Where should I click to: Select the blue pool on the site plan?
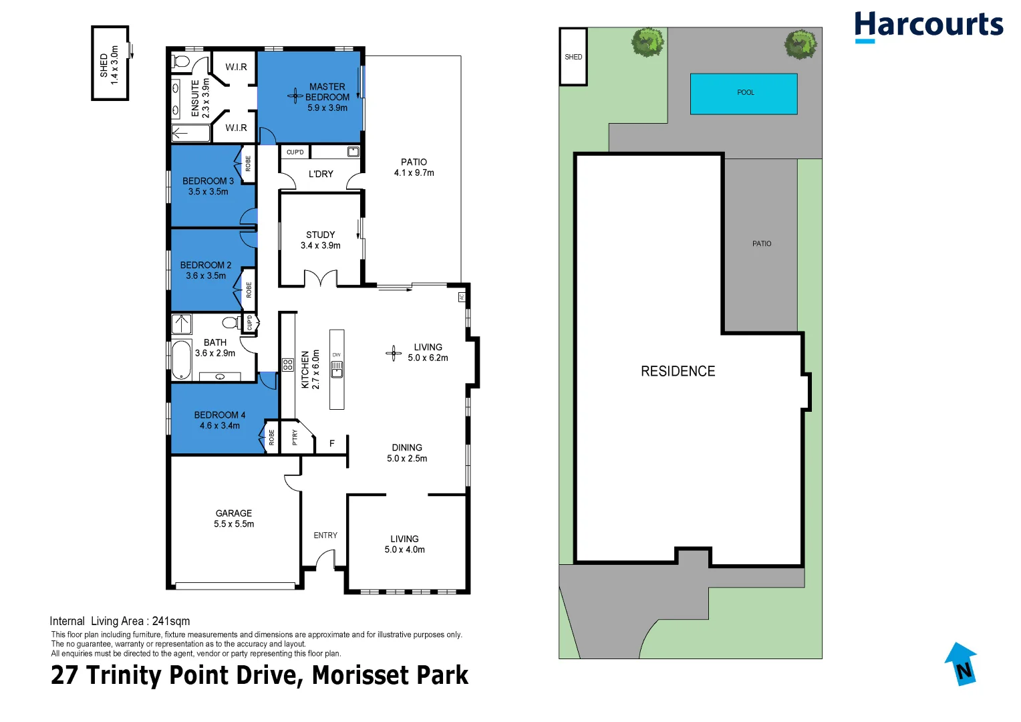click(x=743, y=94)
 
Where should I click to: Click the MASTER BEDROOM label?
click(x=327, y=92)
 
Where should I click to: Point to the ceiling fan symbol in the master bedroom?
click(x=295, y=96)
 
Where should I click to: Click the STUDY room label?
click(x=320, y=235)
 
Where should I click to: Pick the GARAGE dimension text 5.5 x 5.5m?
click(x=234, y=524)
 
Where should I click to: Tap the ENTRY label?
click(x=325, y=535)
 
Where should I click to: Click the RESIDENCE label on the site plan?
click(x=678, y=372)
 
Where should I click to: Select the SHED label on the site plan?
click(x=573, y=57)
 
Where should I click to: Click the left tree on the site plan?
click(x=647, y=42)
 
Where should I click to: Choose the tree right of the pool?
click(x=800, y=45)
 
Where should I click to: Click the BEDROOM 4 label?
click(x=219, y=415)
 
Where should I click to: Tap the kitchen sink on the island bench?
click(x=337, y=368)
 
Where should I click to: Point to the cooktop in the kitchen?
click(x=288, y=364)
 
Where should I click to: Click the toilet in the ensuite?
click(x=181, y=62)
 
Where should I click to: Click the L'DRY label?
click(x=321, y=174)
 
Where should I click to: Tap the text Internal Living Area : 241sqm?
click(x=120, y=621)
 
